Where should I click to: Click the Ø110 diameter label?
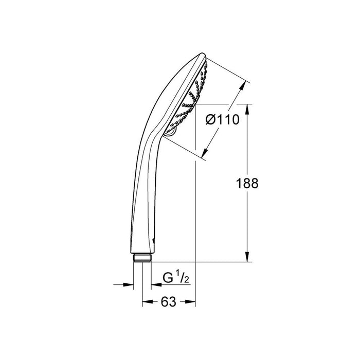(x=223, y=120)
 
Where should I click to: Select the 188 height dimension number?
(x=247, y=184)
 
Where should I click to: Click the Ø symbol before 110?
(x=211, y=120)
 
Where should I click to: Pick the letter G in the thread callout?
(x=167, y=278)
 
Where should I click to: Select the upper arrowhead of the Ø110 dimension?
(x=239, y=87)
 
